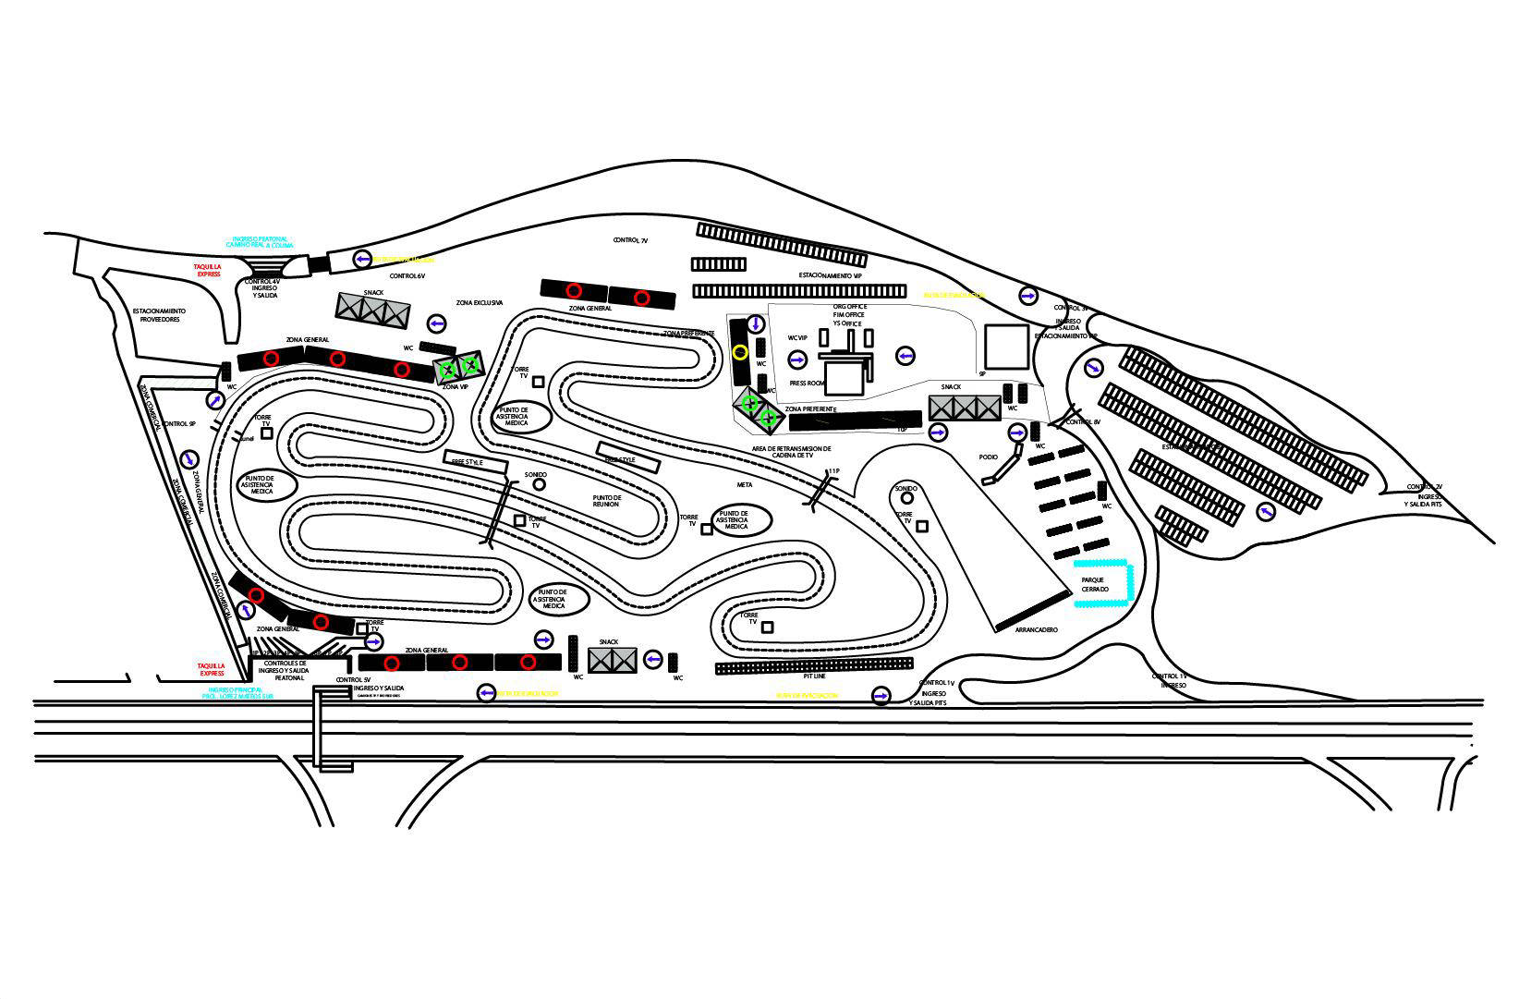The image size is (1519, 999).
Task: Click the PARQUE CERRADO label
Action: (x=1095, y=584)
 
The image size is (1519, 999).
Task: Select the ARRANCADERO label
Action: (x=1036, y=629)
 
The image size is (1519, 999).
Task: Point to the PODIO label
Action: (x=989, y=457)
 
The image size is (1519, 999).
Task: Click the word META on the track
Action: (x=745, y=484)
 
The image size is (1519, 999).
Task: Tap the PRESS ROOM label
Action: (x=807, y=383)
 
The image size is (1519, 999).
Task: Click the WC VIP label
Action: (x=797, y=338)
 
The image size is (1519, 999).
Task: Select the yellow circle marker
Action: (x=739, y=351)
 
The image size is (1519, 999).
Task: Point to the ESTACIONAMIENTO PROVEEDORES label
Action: (x=159, y=315)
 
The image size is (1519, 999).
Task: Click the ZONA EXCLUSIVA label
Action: (x=480, y=302)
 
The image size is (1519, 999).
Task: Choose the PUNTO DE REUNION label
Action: (x=607, y=501)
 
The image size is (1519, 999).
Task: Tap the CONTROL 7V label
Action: (x=630, y=240)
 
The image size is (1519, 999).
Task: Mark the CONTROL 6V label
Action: (x=407, y=275)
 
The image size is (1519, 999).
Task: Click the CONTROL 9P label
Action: (x=178, y=423)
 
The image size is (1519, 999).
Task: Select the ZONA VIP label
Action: (x=456, y=386)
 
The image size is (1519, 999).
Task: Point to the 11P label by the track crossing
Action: (x=833, y=471)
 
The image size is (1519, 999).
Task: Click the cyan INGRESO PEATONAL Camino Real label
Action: (x=260, y=242)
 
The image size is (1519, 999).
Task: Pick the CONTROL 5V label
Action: (x=353, y=680)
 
